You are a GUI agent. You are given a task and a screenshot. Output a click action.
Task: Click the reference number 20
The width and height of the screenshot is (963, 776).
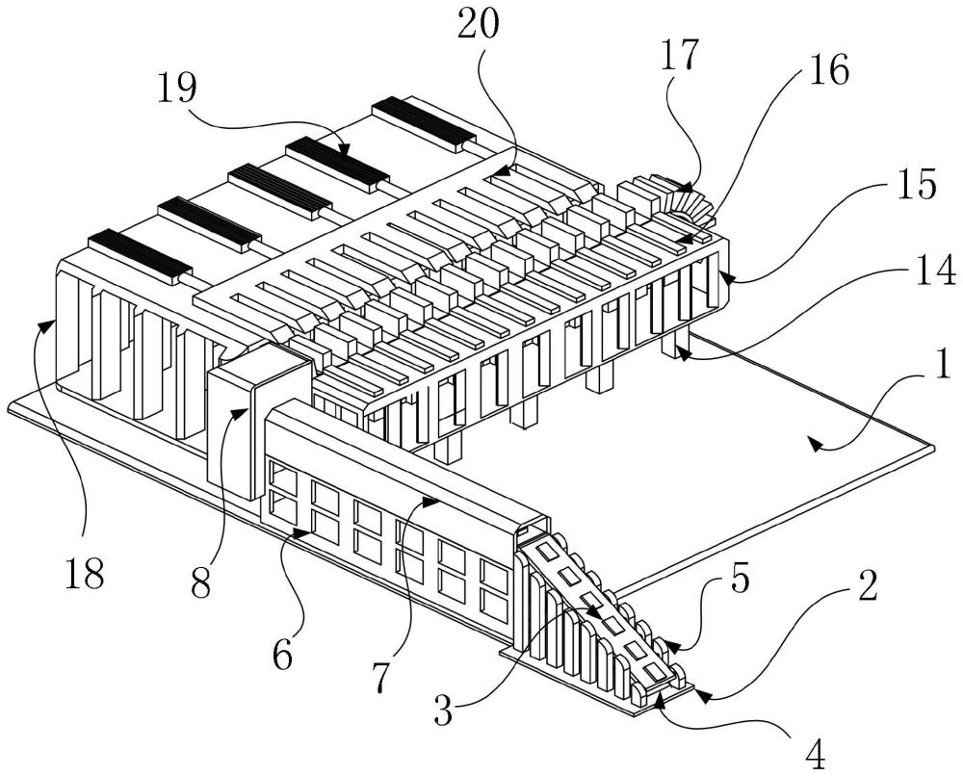pos(479,26)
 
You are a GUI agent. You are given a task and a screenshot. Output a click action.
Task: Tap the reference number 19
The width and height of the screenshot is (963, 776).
pos(176,88)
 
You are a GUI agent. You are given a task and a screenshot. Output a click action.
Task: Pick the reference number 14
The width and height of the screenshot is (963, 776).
pos(936,271)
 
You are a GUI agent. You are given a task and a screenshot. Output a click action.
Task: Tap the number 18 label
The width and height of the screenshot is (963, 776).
pos(84,574)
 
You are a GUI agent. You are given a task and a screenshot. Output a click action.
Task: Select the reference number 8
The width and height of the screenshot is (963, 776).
pos(200,583)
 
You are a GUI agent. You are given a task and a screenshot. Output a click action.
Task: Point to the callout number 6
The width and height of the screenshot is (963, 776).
pos(282,658)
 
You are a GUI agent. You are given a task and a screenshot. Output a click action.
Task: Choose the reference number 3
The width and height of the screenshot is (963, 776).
pos(443,711)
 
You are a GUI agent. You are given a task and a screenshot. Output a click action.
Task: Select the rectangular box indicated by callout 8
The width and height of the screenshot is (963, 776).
pos(258,424)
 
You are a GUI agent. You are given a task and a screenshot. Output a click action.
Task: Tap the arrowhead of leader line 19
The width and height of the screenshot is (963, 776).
pos(344,148)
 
